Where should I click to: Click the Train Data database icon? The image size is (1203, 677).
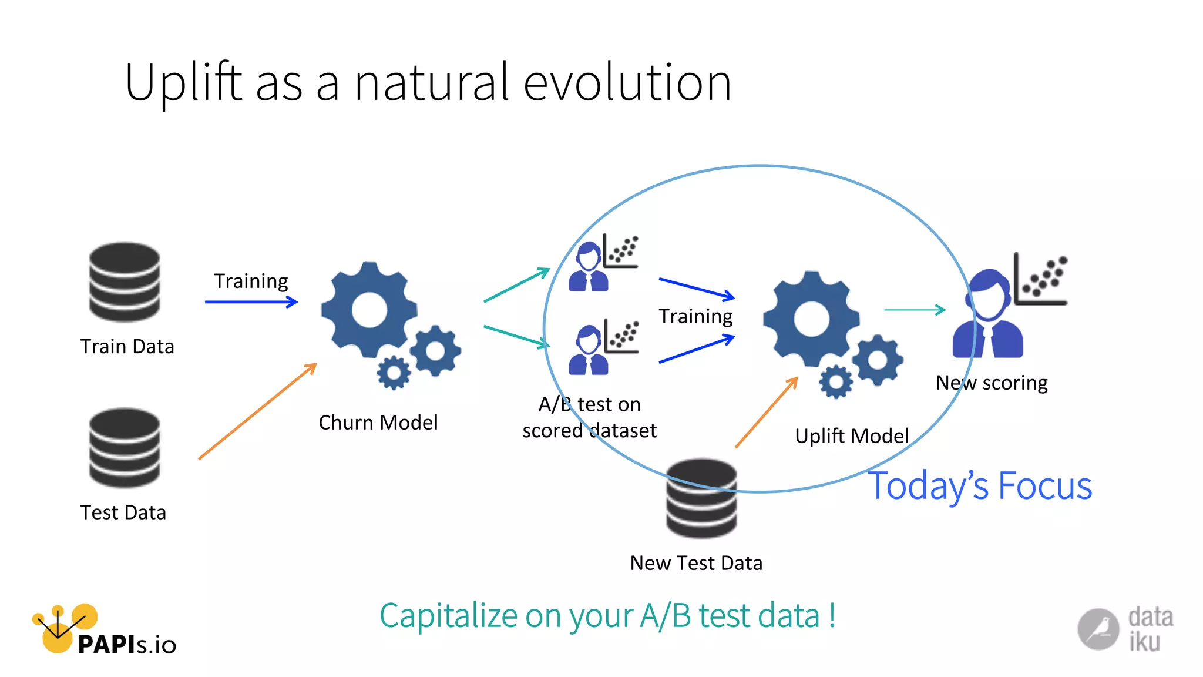click(125, 281)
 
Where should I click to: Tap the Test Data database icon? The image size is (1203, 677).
click(125, 448)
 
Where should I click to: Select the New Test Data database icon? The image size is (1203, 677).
click(701, 498)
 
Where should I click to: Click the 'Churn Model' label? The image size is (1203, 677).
click(378, 423)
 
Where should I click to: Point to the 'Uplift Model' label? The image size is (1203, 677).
click(852, 436)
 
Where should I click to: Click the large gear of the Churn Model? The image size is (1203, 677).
click(369, 310)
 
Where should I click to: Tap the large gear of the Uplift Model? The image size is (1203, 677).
click(811, 319)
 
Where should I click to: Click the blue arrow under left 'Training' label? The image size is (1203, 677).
click(251, 302)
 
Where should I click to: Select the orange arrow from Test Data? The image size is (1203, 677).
click(257, 411)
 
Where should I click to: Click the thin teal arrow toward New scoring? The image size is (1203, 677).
click(914, 310)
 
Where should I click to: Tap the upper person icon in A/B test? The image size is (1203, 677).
click(588, 267)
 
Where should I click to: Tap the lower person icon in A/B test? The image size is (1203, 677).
click(588, 351)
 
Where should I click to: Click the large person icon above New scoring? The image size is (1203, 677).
click(988, 314)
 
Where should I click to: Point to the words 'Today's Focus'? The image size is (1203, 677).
click(980, 487)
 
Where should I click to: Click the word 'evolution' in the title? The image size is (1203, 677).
click(627, 83)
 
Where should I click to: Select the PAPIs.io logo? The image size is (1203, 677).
click(103, 630)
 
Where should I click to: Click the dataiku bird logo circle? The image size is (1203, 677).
click(1098, 629)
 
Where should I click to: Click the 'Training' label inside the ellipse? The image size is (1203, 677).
click(695, 317)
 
